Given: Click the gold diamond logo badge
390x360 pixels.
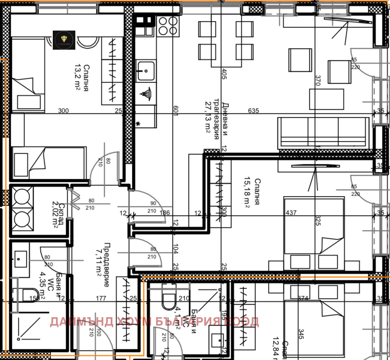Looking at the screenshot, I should point(64,40).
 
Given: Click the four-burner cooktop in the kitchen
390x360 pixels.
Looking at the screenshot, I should point(168,26).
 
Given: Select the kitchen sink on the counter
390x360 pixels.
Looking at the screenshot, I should point(146,70).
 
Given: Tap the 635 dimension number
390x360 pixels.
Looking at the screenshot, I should point(253,111).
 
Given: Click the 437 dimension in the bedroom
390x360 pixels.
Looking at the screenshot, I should point(291,212).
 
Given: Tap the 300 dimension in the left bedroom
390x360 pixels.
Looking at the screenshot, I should point(63,111).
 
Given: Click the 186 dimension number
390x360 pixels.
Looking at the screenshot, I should point(165,213).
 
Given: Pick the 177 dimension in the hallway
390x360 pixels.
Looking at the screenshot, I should point(101,298).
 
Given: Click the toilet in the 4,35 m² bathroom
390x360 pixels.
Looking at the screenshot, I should point(30,295).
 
